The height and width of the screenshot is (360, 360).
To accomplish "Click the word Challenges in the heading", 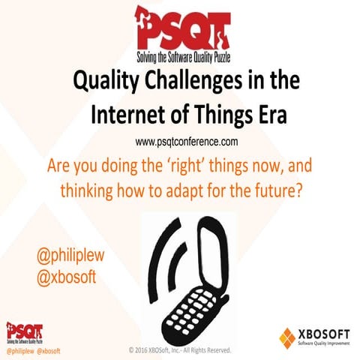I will (x=203, y=80).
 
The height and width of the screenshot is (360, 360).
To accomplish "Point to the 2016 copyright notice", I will (x=183, y=349).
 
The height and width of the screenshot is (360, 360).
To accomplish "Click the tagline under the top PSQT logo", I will (x=178, y=55).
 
